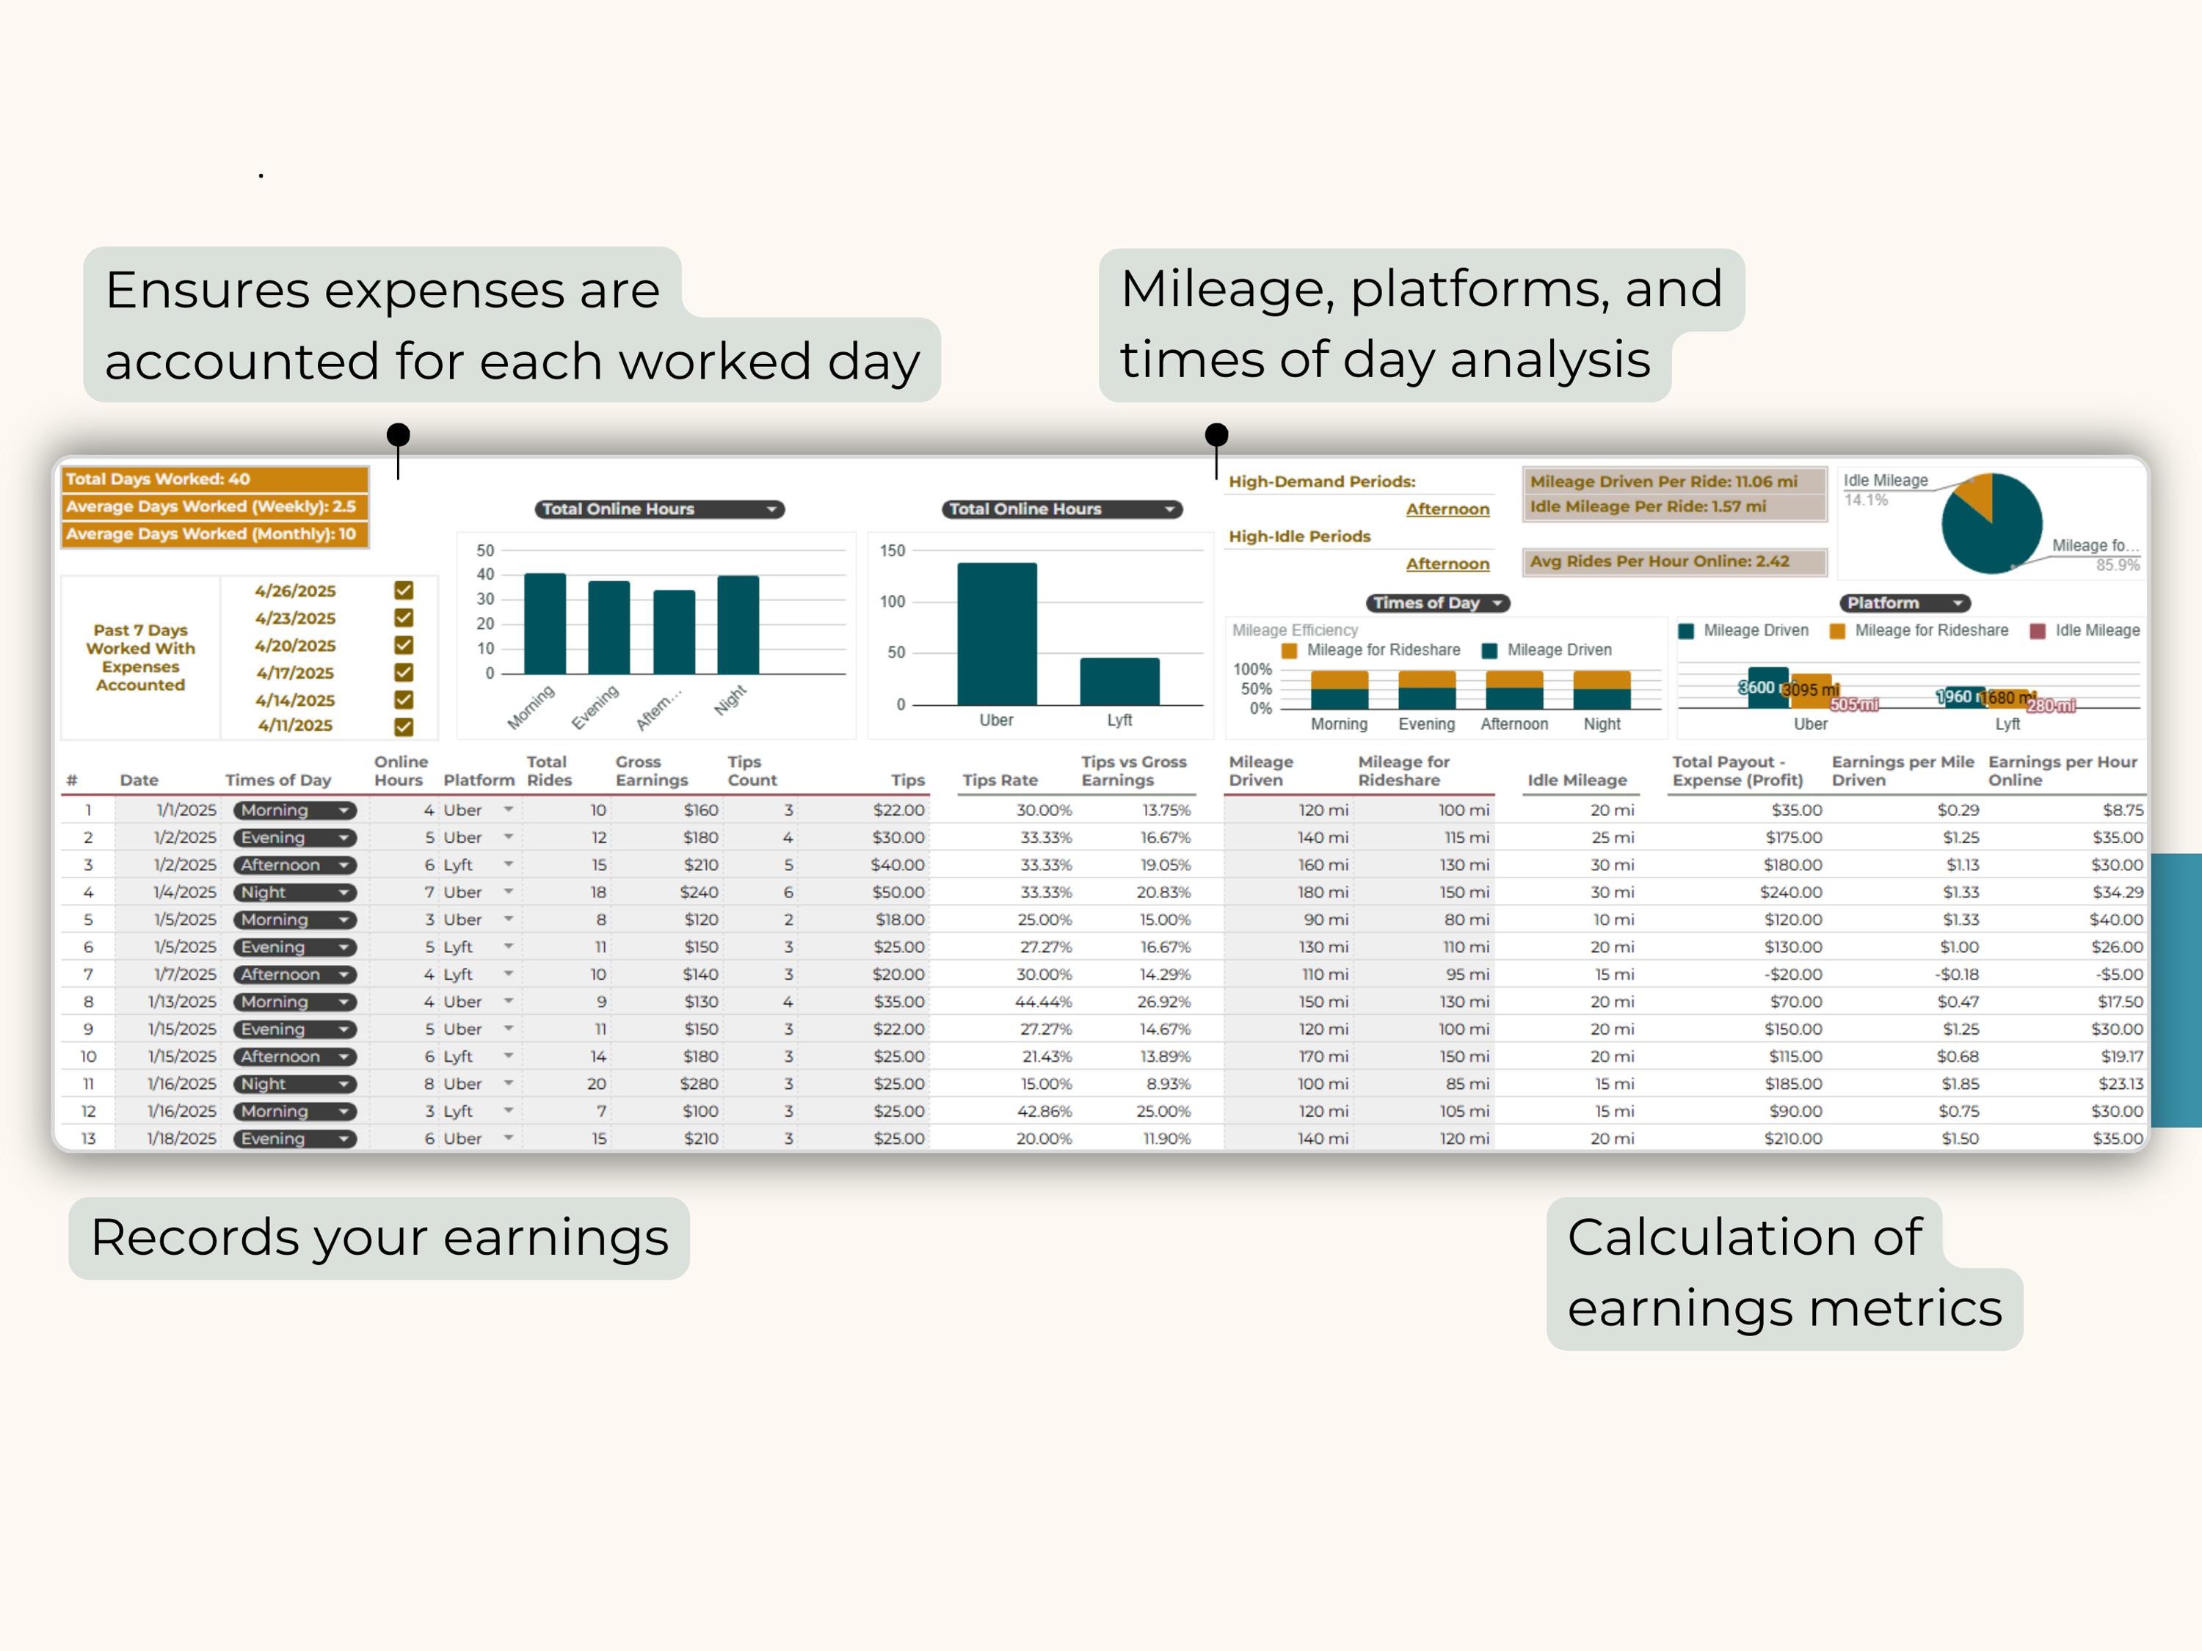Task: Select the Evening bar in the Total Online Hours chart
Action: (608, 627)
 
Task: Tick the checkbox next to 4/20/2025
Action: (403, 645)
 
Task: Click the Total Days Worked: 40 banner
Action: (214, 478)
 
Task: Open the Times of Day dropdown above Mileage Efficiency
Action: (1437, 602)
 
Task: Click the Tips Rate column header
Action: (1000, 780)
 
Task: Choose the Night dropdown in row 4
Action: (294, 893)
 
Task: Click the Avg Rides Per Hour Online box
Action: (1674, 561)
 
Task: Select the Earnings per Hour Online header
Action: (2062, 770)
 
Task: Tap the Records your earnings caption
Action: (379, 1237)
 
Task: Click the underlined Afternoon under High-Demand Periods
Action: (1447, 509)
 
